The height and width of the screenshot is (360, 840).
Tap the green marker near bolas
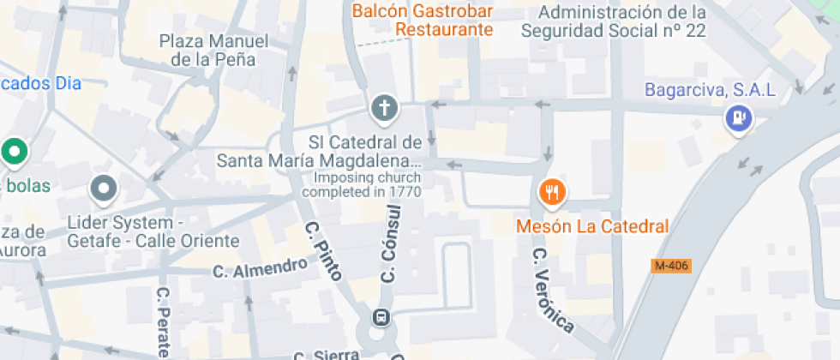pos(14,153)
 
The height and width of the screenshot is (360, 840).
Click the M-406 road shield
pos(671,266)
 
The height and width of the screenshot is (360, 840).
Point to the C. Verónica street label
pos(552,291)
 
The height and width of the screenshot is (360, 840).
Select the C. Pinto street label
pos(324,251)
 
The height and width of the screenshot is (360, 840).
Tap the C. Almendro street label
pos(260,268)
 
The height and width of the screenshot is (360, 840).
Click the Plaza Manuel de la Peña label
pos(213,50)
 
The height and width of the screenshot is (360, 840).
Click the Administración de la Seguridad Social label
pos(613,21)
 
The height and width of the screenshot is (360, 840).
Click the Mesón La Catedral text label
pos(591,227)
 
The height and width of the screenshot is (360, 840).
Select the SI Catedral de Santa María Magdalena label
pos(319,151)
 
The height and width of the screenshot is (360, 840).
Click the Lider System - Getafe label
pos(153,232)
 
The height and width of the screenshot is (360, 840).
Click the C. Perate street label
pos(163,321)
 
